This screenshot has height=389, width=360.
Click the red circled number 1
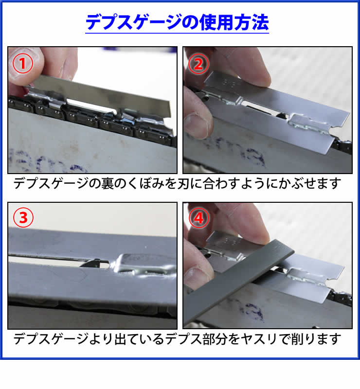click(x=22, y=64)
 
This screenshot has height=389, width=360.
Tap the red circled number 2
click(x=198, y=64)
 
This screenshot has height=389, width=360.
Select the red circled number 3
click(x=23, y=217)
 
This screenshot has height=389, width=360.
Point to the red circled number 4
click(x=199, y=218)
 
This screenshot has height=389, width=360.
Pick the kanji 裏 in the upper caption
click(x=107, y=184)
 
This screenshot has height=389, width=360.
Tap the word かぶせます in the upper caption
click(x=310, y=184)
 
